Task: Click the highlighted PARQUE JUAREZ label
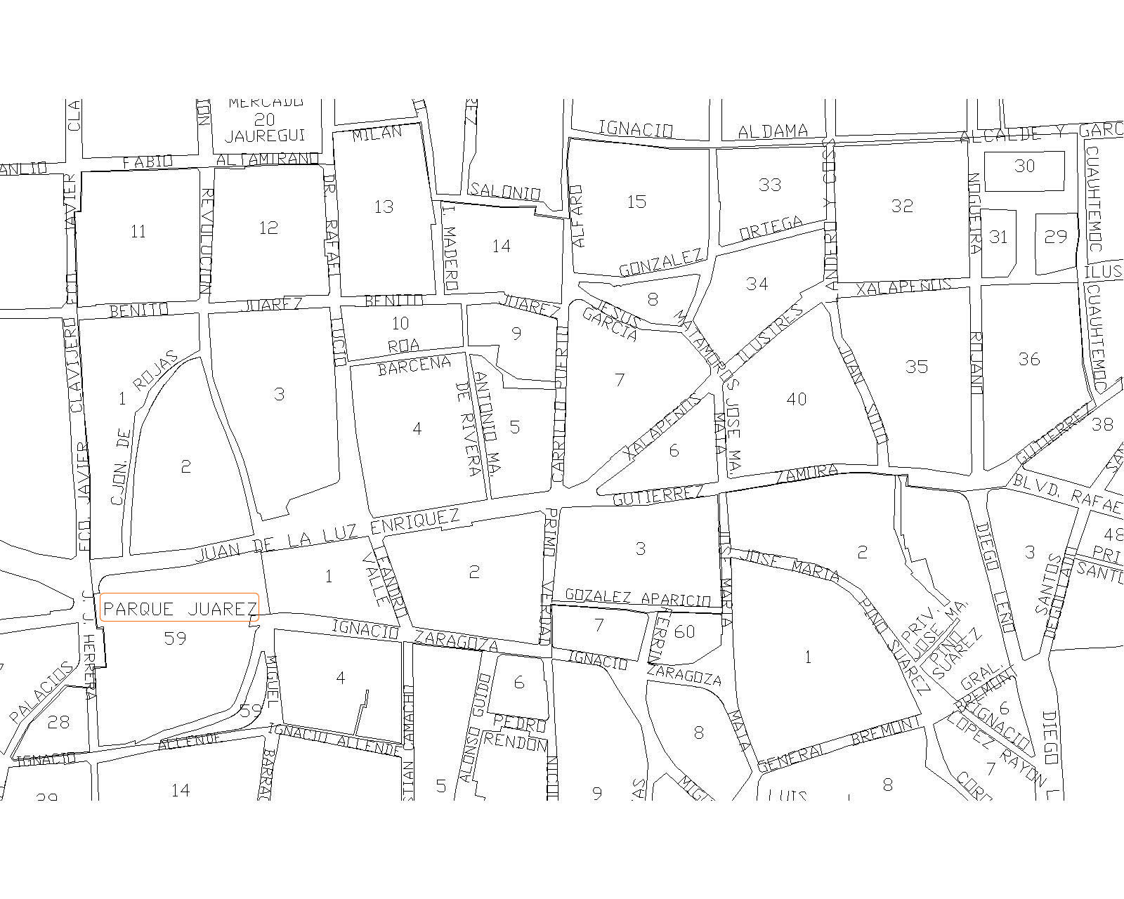pyautogui.click(x=180, y=608)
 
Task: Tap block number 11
pyautogui.click(x=138, y=231)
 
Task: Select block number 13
pyautogui.click(x=384, y=206)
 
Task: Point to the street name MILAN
pyautogui.click(x=377, y=133)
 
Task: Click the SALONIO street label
pyautogui.click(x=505, y=192)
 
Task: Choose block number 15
pyautogui.click(x=636, y=202)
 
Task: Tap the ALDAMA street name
pyautogui.click(x=773, y=131)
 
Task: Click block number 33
pyautogui.click(x=770, y=185)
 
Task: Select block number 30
pyautogui.click(x=1024, y=166)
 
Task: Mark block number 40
pyautogui.click(x=796, y=399)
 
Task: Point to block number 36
pyautogui.click(x=1028, y=359)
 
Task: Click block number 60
pyautogui.click(x=684, y=631)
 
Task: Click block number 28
pyautogui.click(x=59, y=721)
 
